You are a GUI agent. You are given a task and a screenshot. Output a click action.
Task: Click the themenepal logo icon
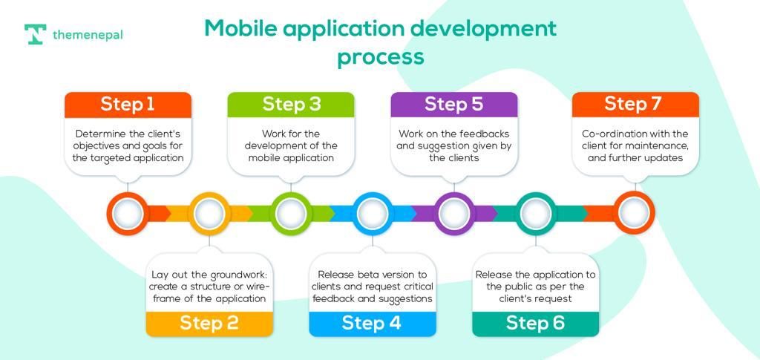click(35, 35)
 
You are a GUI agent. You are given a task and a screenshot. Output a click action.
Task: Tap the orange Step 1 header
click(128, 104)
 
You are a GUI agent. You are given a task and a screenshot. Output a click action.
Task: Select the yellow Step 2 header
click(209, 322)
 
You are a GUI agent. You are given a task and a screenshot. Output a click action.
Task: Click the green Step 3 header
click(291, 104)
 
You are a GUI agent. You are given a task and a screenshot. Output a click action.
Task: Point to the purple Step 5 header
click(453, 104)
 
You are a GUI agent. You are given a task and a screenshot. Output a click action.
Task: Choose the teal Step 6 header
click(535, 322)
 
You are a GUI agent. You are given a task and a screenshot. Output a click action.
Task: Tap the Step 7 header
click(635, 104)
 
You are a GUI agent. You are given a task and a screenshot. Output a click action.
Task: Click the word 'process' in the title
click(380, 56)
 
